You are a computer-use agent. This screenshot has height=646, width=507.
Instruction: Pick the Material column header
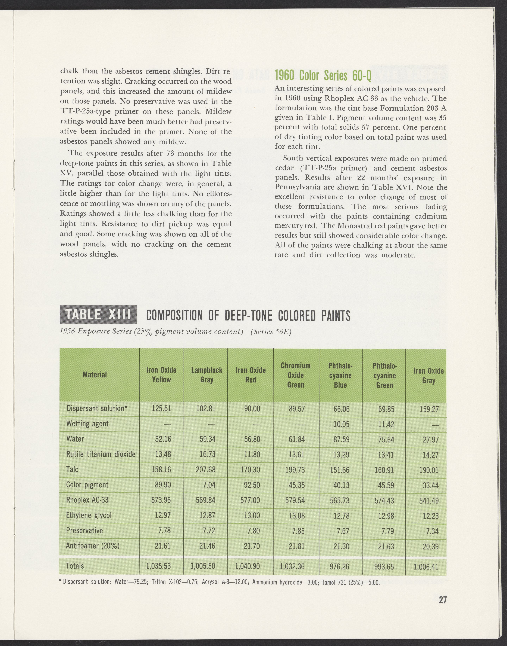point(95,375)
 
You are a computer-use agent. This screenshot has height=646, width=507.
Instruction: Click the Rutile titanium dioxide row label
point(101,454)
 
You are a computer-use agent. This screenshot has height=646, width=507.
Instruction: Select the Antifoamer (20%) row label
point(93,546)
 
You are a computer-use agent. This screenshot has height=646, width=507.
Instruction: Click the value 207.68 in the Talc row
point(206,470)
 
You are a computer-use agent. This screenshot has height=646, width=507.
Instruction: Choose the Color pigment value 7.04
point(209,485)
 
